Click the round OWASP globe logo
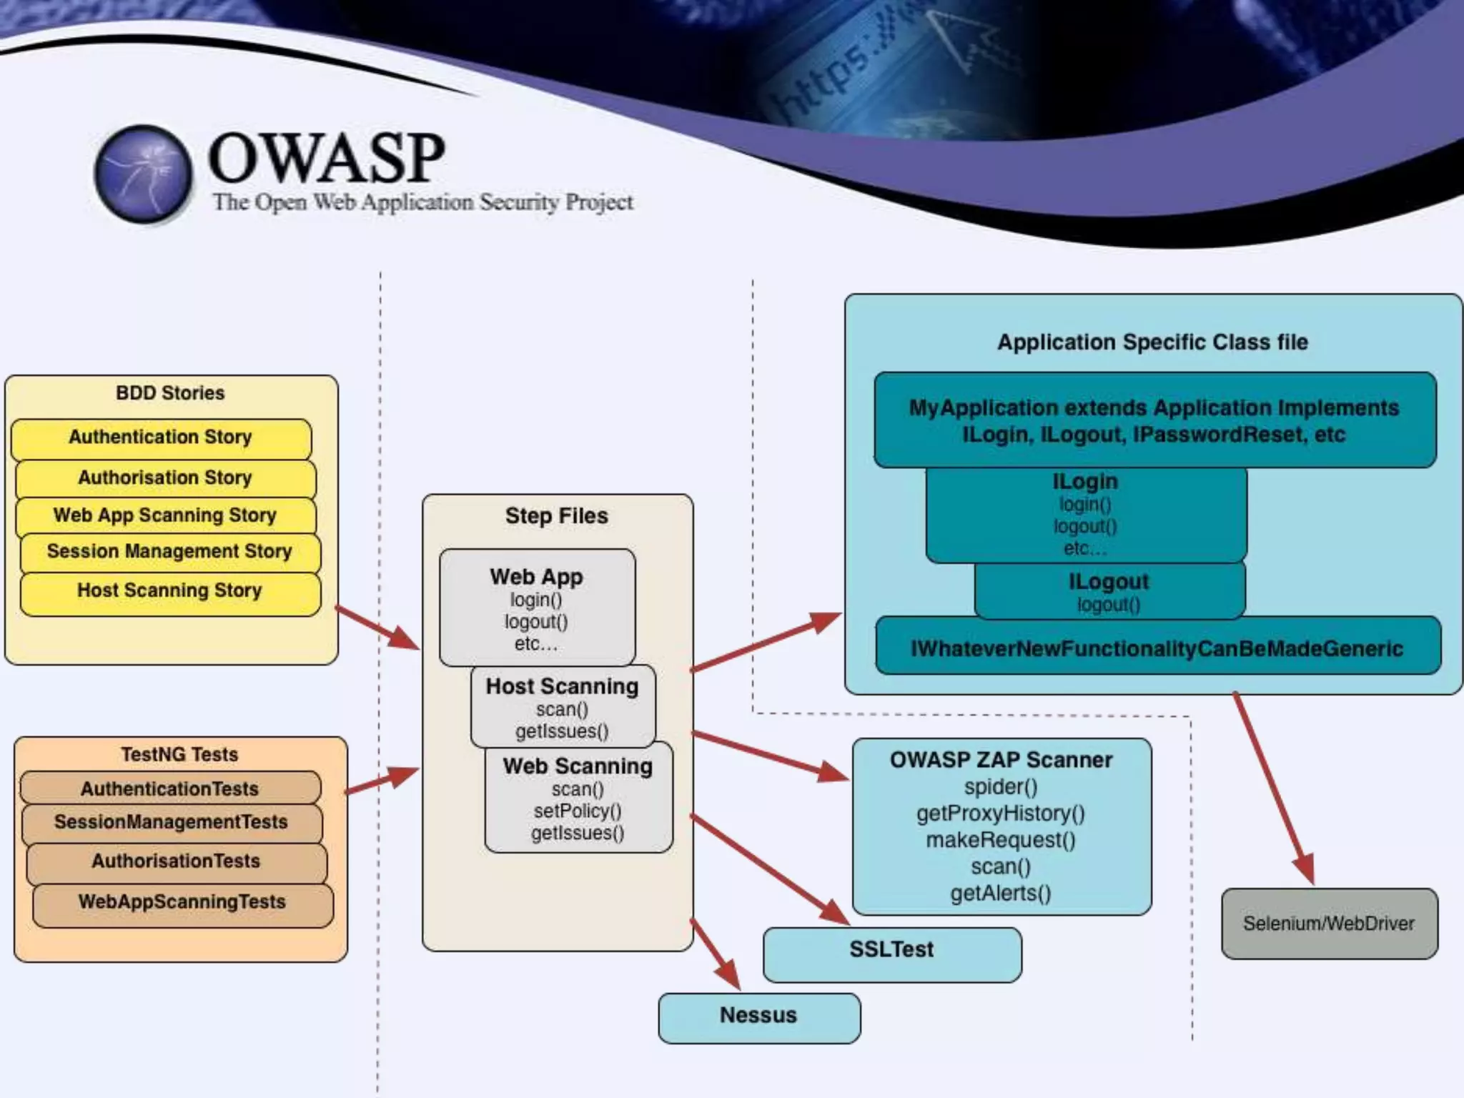pos(144,173)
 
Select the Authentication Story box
pos(161,437)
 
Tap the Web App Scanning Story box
pos(165,515)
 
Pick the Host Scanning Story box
pos(170,591)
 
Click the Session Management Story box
pos(170,552)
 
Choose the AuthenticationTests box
pos(170,788)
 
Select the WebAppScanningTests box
pos(182,903)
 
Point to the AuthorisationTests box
pos(176,861)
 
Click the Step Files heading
pos(556,515)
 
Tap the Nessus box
pos(758,1016)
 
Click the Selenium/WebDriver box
pos(1329,924)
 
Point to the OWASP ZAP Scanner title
pos(1001,760)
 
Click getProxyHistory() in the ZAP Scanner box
pos(1001,813)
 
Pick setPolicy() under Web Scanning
pos(578,811)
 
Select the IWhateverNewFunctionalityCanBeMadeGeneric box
pos(1157,648)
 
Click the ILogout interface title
pos(1109,582)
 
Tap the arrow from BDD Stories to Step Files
pos(377,628)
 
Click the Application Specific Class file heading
pos(1152,342)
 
